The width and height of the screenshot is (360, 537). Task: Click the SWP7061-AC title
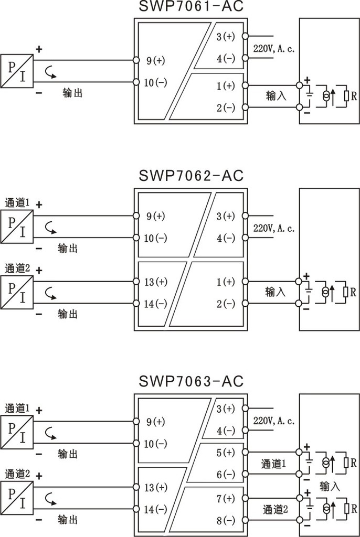pyautogui.click(x=191, y=6)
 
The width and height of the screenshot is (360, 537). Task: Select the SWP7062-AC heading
pyautogui.click(x=191, y=176)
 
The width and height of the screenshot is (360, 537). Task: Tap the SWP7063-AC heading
pyautogui.click(x=191, y=381)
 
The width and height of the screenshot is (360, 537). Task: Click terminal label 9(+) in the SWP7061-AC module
pyautogui.click(x=156, y=61)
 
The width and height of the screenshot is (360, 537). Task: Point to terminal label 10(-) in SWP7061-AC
pyautogui.click(x=155, y=82)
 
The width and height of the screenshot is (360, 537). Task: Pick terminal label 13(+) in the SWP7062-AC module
pyautogui.click(x=156, y=282)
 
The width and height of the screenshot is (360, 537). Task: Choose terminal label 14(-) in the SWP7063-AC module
pyautogui.click(x=155, y=509)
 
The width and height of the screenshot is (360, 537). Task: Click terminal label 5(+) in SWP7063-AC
pyautogui.click(x=226, y=453)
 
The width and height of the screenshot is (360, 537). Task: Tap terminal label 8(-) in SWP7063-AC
pyautogui.click(x=226, y=521)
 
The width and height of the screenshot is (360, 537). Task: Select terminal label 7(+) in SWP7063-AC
pyautogui.click(x=226, y=499)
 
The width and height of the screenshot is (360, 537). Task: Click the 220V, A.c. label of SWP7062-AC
pyautogui.click(x=274, y=228)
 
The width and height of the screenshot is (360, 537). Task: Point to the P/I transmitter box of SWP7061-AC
pyautogui.click(x=17, y=71)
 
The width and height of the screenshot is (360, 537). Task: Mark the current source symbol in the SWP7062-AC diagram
pyautogui.click(x=326, y=292)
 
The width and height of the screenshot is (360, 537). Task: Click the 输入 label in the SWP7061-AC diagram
pyautogui.click(x=276, y=95)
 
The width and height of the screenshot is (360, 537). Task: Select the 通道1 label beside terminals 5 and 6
pyautogui.click(x=273, y=464)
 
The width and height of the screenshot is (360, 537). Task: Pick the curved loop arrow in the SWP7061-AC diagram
pyautogui.click(x=50, y=72)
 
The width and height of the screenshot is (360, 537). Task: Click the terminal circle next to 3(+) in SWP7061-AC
pyautogui.click(x=245, y=36)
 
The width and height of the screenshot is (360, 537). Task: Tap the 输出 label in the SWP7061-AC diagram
pyautogui.click(x=72, y=92)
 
